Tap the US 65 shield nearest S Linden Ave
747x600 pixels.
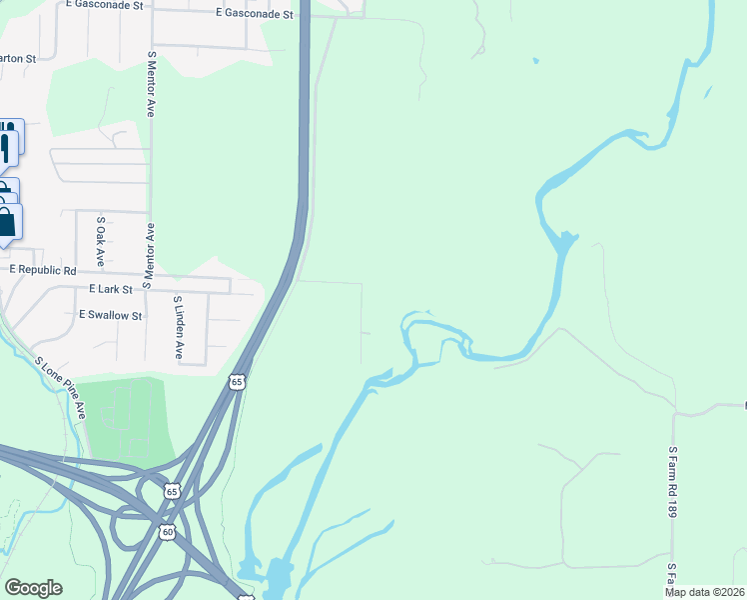236,382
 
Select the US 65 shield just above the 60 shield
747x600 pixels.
172,491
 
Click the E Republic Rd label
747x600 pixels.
43,270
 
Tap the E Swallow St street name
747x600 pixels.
112,315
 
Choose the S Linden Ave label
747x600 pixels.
179,328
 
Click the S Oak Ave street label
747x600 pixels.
100,241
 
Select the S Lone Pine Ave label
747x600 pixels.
61,387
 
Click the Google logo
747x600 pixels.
33,588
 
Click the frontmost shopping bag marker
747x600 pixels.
7,222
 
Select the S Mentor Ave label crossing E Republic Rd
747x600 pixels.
149,255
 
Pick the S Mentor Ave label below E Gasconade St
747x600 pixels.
151,85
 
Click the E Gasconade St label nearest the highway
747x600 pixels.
255,14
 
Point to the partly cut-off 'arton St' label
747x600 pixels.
17,58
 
